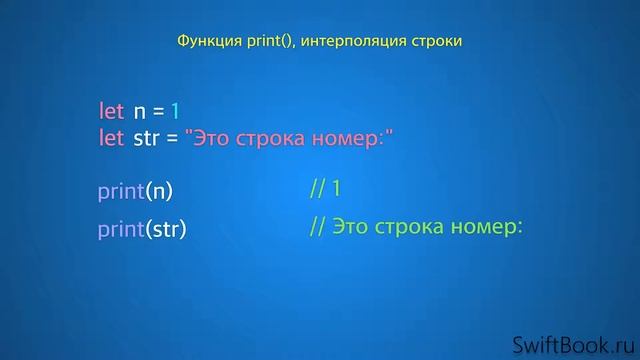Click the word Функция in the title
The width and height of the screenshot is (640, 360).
203,42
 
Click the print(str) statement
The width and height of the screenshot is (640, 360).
142,229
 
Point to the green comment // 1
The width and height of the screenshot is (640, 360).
326,188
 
